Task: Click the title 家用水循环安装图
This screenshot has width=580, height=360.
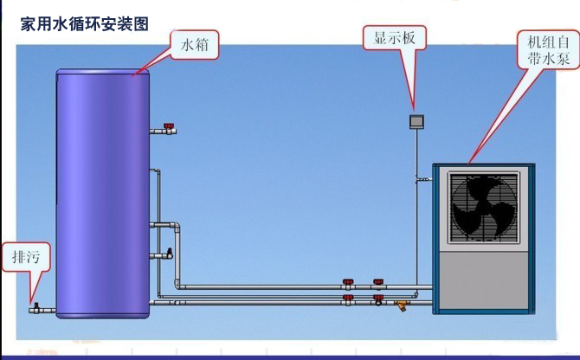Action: click(x=84, y=24)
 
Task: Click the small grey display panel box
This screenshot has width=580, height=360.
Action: click(x=416, y=121)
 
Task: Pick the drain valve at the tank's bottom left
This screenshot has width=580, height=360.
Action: click(x=36, y=305)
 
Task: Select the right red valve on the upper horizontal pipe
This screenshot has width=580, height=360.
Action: click(x=377, y=282)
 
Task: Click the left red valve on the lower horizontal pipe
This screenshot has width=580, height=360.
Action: click(x=348, y=299)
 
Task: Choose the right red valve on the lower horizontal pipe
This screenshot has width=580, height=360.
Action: click(x=377, y=299)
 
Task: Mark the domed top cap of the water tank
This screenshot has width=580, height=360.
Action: click(x=102, y=74)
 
